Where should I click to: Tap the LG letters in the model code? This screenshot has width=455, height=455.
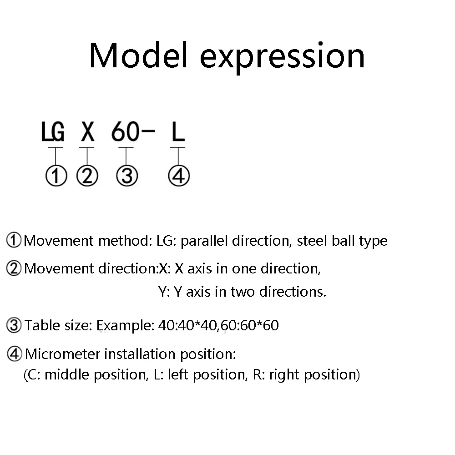(x=53, y=132)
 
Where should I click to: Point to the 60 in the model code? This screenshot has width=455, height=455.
(x=125, y=132)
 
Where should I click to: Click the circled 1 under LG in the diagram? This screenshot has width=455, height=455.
(x=56, y=176)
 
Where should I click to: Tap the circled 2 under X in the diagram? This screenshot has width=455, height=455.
(x=87, y=176)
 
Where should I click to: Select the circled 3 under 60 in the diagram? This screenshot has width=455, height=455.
(x=127, y=176)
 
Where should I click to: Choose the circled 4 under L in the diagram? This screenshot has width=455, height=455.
(x=179, y=176)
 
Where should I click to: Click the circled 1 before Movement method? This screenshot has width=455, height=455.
(x=14, y=240)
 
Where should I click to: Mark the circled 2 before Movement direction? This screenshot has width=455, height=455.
(x=14, y=268)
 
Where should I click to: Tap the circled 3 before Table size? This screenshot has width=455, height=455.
(x=14, y=325)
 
